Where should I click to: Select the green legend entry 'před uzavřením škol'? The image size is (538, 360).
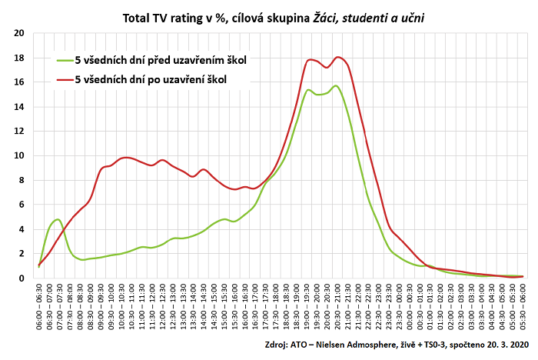tap(161, 59)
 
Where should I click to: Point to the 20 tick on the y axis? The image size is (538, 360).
tap(19, 33)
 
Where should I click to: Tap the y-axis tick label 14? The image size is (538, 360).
tap(19, 107)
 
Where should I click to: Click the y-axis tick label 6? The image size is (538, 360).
tap(22, 205)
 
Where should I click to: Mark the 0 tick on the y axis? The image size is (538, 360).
tap(22, 278)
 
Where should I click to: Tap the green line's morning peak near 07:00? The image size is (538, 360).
tap(58, 219)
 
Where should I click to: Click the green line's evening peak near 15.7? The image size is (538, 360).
tap(336, 85)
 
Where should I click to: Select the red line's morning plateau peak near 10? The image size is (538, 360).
tap(126, 158)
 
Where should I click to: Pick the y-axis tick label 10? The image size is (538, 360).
tap(19, 155)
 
